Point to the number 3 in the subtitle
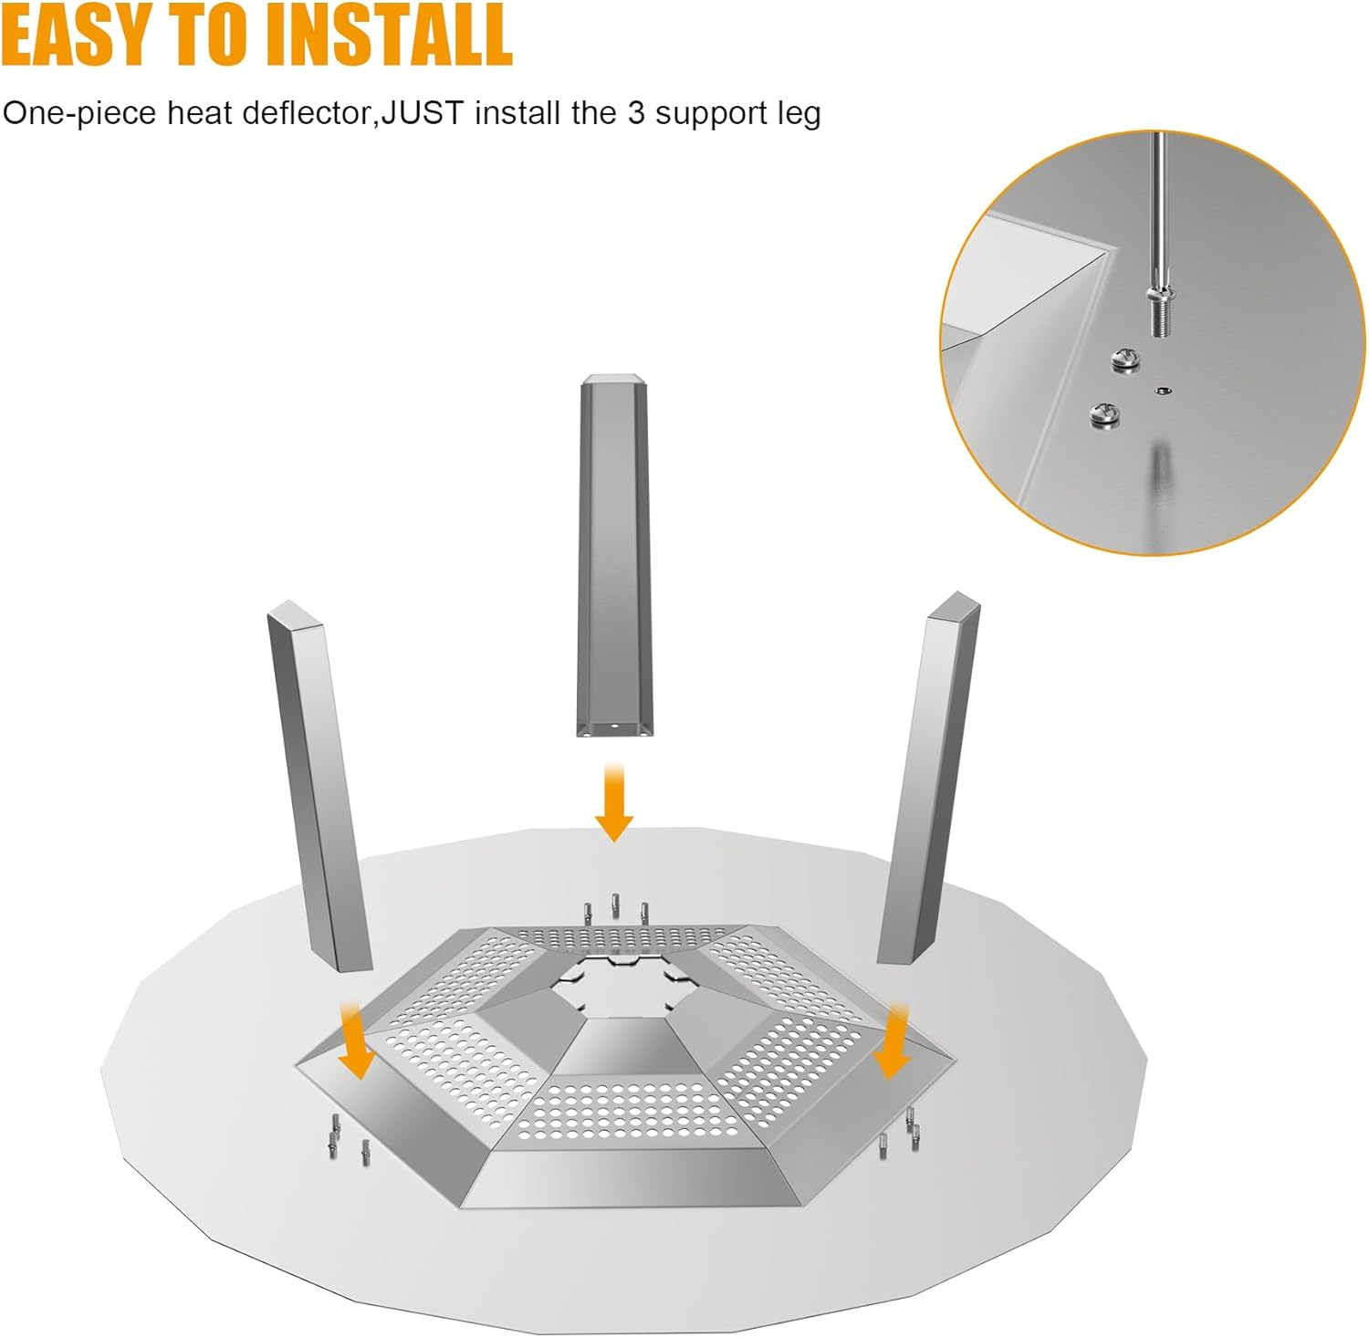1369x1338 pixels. coord(636,113)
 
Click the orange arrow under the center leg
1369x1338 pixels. coord(614,803)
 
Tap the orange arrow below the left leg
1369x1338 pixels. coord(354,1040)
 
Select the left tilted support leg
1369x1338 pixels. coord(319,787)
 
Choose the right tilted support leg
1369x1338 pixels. coord(928,779)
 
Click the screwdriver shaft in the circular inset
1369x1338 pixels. coord(1157,210)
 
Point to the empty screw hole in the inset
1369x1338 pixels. coord(1161,391)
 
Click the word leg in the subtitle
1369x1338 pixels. coord(800,115)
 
